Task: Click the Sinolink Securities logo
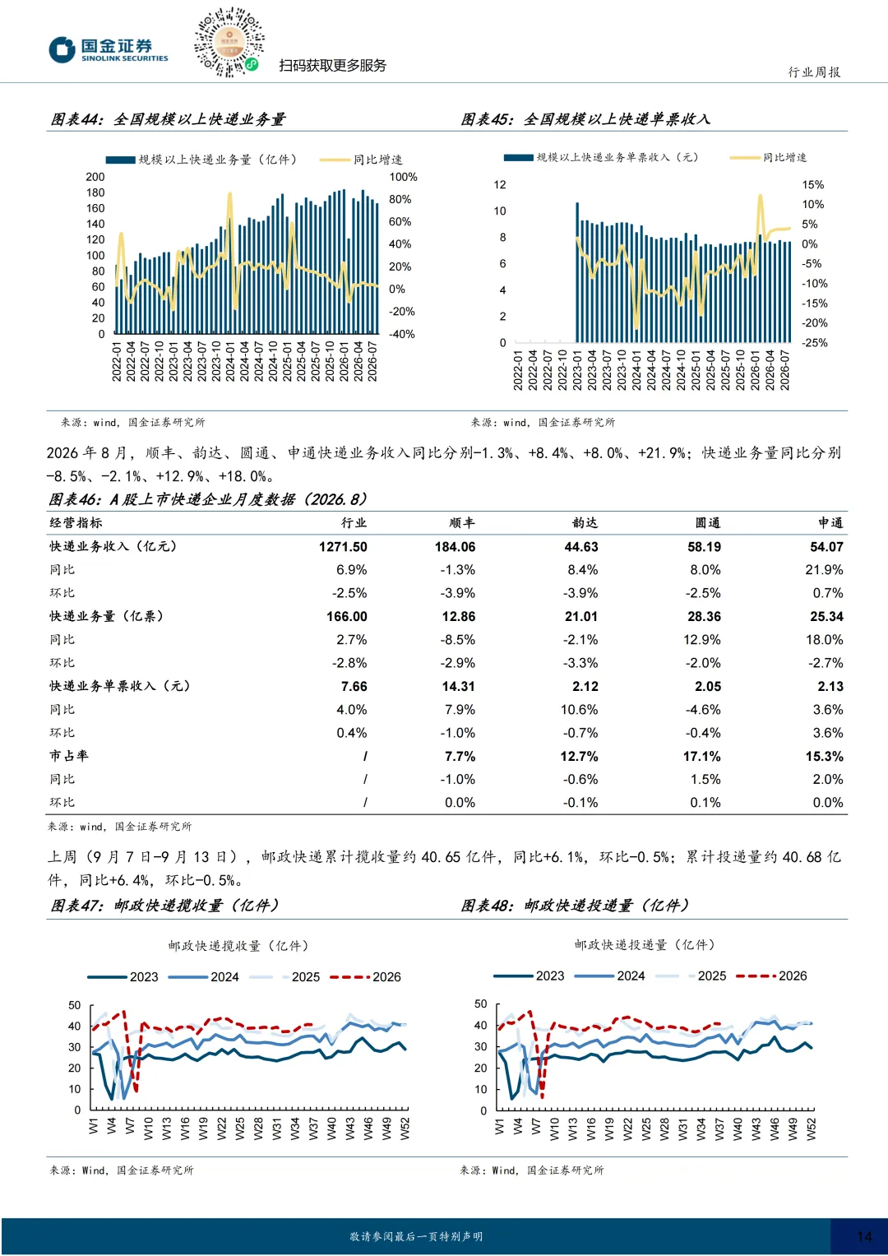point(109,50)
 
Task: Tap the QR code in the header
point(229,42)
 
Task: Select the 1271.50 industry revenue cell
point(343,547)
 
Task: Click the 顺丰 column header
point(462,522)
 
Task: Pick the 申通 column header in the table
point(830,522)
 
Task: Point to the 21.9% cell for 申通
point(824,570)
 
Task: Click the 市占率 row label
point(69,756)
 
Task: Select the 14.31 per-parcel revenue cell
point(458,686)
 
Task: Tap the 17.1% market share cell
point(702,757)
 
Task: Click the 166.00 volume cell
point(347,617)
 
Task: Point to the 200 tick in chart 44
point(95,177)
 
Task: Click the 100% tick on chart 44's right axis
point(403,177)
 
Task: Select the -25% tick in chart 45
point(815,343)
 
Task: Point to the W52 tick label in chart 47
point(405,1129)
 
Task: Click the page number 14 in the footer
point(864,1236)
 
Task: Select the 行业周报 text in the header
point(814,72)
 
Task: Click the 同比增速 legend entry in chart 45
point(768,158)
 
